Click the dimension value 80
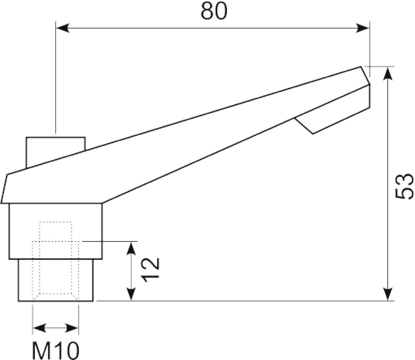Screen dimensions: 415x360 click(214, 11)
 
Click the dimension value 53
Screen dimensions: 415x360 click(404, 186)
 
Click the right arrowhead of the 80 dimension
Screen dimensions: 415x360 click(363, 28)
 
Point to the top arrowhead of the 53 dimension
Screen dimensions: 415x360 click(388, 73)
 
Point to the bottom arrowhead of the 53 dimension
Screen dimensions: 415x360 click(388, 294)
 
